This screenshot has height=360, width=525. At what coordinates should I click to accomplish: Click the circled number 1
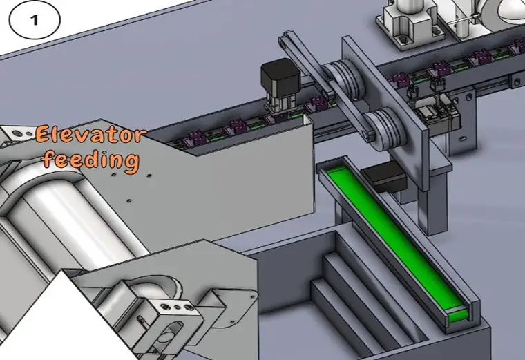35,20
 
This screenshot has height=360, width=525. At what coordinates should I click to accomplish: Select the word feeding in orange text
90,160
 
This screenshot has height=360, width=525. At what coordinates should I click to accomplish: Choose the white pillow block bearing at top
408,21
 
